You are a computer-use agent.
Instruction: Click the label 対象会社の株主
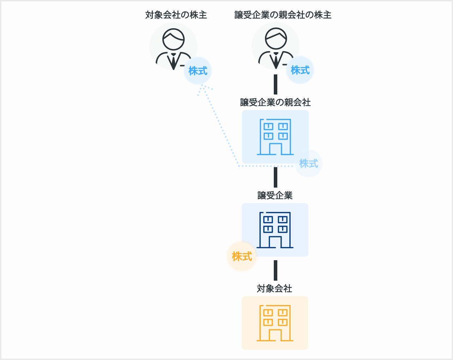click(x=176, y=15)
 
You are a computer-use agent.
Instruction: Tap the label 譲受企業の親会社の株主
click(x=283, y=15)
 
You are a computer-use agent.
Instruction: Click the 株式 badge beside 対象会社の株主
click(x=198, y=71)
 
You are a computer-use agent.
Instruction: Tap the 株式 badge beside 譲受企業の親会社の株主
click(x=300, y=70)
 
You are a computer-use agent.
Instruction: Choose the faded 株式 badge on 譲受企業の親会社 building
click(x=308, y=164)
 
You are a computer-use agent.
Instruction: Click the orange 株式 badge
click(x=242, y=256)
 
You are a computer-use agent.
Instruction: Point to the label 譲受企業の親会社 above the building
click(x=275, y=102)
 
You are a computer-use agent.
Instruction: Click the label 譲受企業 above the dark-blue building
click(x=275, y=195)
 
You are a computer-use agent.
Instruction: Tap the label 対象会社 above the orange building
click(x=274, y=288)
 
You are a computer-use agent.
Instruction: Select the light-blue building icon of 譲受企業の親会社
click(x=275, y=137)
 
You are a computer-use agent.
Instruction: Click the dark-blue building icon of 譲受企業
click(x=275, y=230)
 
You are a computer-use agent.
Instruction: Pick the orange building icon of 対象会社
click(x=275, y=323)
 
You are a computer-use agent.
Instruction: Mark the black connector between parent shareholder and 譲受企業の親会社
click(x=276, y=85)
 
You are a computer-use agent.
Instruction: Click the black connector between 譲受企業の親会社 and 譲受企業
click(x=276, y=177)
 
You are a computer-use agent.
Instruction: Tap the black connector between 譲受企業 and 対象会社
click(x=276, y=270)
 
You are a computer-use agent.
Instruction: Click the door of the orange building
click(x=275, y=335)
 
